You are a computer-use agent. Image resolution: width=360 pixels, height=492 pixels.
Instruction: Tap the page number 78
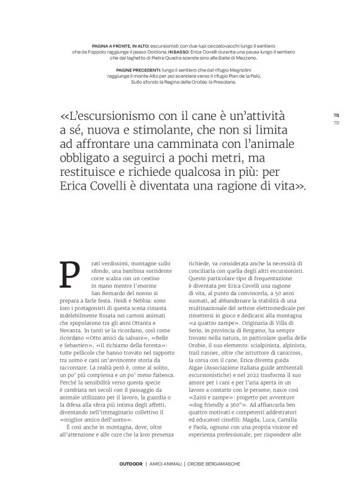point(336,116)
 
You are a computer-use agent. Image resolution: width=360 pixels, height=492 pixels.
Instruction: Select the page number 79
point(336,122)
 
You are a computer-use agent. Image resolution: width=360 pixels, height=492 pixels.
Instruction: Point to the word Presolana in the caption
point(222,82)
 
